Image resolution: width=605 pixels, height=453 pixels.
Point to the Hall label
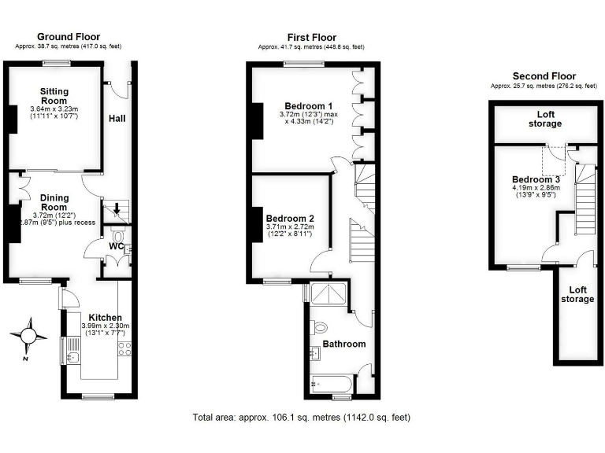coord(118,119)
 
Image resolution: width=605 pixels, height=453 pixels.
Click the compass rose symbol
coord(28,337)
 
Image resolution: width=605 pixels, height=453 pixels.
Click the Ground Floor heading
coord(68,37)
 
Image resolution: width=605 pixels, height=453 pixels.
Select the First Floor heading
coord(311,37)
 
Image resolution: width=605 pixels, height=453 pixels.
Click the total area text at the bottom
coord(302,417)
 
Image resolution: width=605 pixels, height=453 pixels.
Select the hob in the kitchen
coord(124,347)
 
